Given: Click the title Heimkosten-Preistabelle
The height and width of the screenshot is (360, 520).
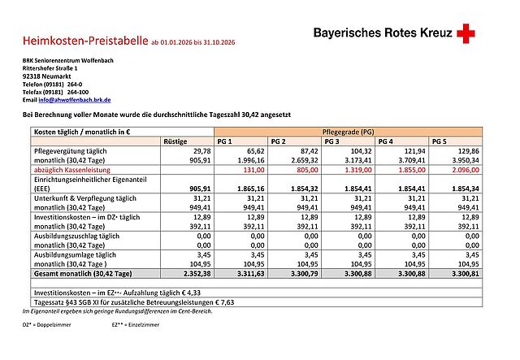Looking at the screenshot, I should (85, 40).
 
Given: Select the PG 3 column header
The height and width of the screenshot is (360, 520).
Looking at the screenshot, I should (332, 141).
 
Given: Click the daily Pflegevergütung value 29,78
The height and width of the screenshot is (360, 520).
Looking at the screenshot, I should (188, 151).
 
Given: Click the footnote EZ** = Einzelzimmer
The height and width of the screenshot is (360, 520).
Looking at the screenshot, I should (136, 324).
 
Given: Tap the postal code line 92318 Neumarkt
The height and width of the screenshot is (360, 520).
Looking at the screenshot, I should (46, 76).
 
